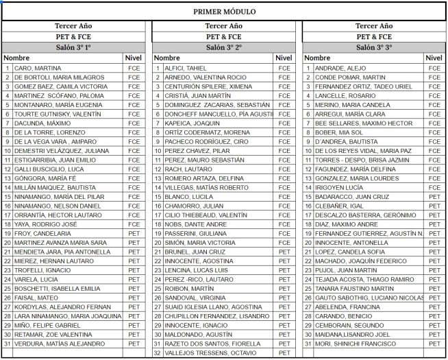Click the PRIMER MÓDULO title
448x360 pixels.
point(224,11)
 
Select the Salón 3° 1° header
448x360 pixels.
point(74,47)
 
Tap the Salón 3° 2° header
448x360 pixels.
point(224,47)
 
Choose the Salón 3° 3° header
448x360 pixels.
point(374,47)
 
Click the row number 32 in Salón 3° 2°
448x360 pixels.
point(157,352)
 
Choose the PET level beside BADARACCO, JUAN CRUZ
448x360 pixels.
point(434,196)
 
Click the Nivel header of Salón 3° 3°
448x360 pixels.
point(434,58)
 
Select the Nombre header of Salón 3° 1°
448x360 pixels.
point(18,58)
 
